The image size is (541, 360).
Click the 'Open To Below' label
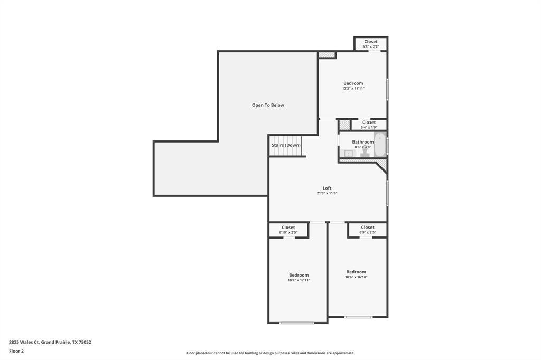[x=268, y=105]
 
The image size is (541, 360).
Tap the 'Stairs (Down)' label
[x=286, y=145]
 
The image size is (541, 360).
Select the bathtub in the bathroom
[x=380, y=145]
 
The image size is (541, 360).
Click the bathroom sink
[x=348, y=154]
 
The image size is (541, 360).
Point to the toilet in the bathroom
[x=365, y=153]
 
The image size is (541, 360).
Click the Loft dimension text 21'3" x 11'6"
[x=327, y=193]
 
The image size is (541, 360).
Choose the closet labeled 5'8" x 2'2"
[x=371, y=44]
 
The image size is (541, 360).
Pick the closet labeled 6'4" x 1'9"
[x=369, y=125]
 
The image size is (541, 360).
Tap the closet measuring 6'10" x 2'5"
[x=288, y=230]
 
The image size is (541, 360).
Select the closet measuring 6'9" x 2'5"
[x=368, y=230]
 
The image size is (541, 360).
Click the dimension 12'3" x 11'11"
[x=353, y=89]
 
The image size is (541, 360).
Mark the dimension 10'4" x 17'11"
[x=299, y=280]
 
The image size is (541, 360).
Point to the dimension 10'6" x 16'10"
[x=356, y=277]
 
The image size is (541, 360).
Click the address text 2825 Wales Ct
[x=24, y=343]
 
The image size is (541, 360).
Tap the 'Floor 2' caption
[x=16, y=352]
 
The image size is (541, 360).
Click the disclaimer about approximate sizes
[x=270, y=353]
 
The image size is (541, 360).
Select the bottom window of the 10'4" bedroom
[x=297, y=323]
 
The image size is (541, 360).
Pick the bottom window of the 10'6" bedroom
[x=358, y=317]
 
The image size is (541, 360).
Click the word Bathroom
[x=362, y=142]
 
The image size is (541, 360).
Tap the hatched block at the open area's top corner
[x=327, y=54]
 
